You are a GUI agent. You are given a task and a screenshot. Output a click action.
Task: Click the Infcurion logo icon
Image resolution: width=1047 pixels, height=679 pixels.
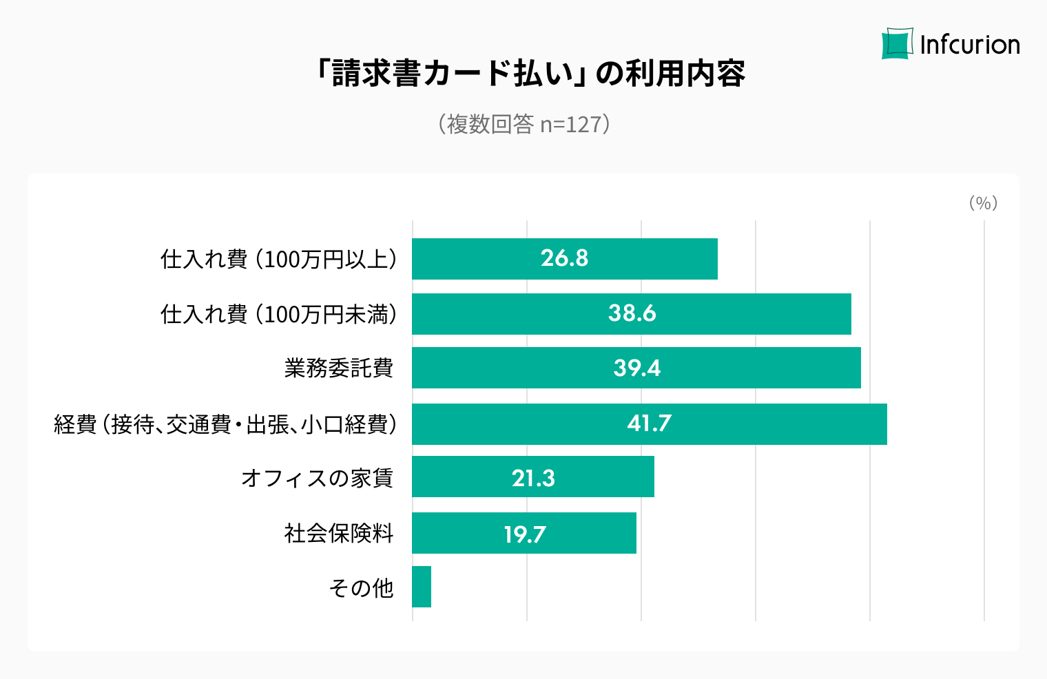click(x=898, y=44)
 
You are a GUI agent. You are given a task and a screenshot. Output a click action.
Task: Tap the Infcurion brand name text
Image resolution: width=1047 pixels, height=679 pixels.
click(x=970, y=45)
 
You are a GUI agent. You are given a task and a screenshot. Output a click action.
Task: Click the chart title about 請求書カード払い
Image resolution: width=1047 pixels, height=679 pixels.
click(x=530, y=73)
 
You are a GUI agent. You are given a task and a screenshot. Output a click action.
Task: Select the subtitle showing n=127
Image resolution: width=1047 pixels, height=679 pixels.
click(x=524, y=124)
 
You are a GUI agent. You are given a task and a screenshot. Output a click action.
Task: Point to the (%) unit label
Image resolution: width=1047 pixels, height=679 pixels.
click(x=983, y=202)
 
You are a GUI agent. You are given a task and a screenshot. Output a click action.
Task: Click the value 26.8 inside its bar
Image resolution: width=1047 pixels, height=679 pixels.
click(x=564, y=258)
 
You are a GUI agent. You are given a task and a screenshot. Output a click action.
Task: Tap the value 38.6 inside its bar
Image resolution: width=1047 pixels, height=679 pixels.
click(x=632, y=313)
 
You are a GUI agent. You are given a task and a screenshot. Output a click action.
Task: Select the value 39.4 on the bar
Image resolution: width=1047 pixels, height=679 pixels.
click(x=636, y=368)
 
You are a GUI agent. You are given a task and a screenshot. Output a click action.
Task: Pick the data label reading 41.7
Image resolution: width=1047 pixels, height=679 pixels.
click(x=649, y=423)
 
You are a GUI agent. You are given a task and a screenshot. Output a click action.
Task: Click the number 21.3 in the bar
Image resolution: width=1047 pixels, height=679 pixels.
click(x=533, y=477)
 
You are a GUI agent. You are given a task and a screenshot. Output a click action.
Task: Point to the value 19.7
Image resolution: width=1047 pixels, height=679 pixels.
click(x=524, y=534)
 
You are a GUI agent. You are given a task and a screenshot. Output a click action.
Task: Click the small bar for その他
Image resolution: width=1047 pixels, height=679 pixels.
click(x=422, y=587)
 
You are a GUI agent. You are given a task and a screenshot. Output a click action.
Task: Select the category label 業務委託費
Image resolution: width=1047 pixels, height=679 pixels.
click(x=338, y=368)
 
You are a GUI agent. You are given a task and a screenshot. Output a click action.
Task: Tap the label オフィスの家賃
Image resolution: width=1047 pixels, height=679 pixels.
click(x=317, y=477)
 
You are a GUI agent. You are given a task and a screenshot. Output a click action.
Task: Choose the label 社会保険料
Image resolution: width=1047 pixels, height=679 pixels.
click(x=338, y=533)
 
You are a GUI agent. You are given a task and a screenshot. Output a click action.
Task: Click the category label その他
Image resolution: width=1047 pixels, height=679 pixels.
click(x=361, y=587)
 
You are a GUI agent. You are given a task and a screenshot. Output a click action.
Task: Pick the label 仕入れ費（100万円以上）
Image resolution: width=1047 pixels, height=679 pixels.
click(x=278, y=259)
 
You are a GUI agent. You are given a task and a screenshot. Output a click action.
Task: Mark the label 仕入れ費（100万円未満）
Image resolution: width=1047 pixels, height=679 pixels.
click(x=278, y=314)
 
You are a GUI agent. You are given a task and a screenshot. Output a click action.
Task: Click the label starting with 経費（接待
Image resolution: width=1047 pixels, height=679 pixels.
click(x=225, y=424)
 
